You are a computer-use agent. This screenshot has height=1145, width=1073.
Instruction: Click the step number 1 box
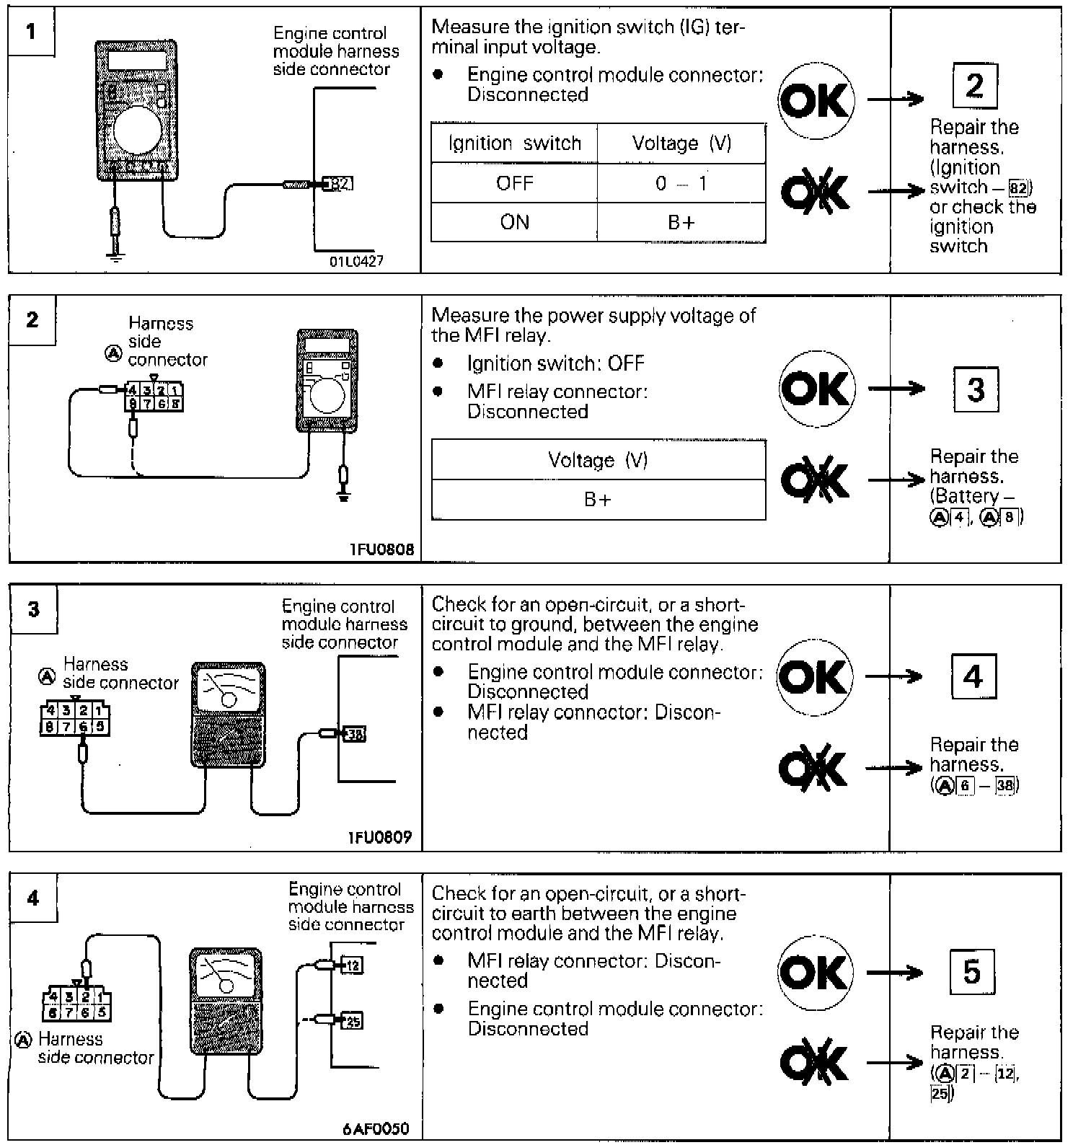[x=31, y=32]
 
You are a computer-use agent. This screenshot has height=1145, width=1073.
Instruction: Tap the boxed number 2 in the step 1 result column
[x=974, y=86]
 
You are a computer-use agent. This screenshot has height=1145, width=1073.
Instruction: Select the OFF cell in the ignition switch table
[x=514, y=183]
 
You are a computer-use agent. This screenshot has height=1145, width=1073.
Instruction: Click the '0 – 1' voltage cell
[x=681, y=183]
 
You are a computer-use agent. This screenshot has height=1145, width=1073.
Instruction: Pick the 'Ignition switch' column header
[x=514, y=143]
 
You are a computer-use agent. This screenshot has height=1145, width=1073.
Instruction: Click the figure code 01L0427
[x=356, y=261]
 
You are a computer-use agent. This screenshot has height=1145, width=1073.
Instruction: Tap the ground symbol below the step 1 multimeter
[x=115, y=256]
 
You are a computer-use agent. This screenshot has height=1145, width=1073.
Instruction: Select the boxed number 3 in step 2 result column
[x=975, y=389]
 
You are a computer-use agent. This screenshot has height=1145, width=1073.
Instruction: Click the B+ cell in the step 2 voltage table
[x=598, y=500]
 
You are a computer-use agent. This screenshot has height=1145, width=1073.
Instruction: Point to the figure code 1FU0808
[x=382, y=549]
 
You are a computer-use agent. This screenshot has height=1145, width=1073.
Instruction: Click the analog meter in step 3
[x=228, y=714]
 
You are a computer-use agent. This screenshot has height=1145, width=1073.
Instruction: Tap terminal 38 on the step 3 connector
[x=356, y=734]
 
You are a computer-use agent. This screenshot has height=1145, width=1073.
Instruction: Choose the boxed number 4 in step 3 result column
[x=973, y=676]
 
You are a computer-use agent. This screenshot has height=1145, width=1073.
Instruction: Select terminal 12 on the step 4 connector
[x=352, y=965]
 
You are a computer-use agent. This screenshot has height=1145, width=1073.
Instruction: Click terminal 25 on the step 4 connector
[x=352, y=1020]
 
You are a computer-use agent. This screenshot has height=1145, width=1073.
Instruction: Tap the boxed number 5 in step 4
[x=972, y=972]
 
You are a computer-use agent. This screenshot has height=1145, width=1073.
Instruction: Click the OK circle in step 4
[x=815, y=972]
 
